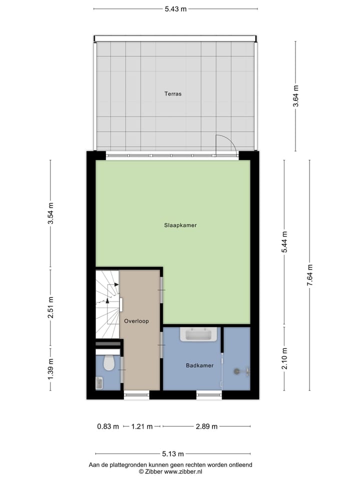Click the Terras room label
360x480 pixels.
(173, 93)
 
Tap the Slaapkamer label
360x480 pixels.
(180, 225)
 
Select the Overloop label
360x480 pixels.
(136, 321)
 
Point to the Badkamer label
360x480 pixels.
(199, 365)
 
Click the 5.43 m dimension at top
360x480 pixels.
(176, 9)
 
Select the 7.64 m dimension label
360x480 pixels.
(309, 275)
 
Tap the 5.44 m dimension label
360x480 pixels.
(284, 243)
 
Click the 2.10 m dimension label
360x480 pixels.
(284, 358)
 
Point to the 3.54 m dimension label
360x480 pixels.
(50, 214)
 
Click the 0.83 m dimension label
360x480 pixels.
(108, 426)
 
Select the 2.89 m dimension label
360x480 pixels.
(206, 426)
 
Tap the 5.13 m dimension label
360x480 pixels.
(173, 454)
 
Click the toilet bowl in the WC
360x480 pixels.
(109, 363)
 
